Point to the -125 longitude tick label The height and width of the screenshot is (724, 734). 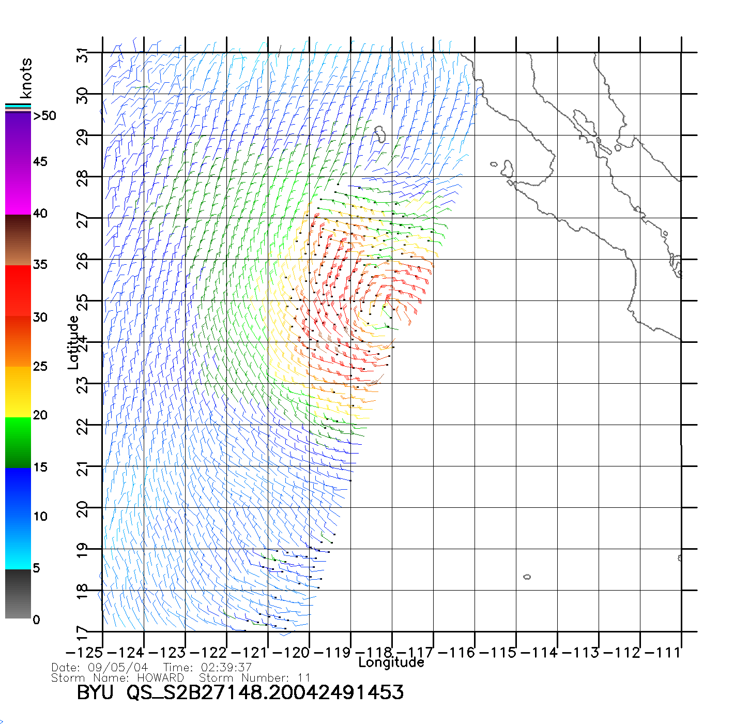[x=84, y=653]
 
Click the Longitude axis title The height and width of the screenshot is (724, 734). [x=391, y=662]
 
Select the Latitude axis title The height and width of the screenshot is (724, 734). [x=73, y=342]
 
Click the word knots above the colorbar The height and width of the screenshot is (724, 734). [x=26, y=78]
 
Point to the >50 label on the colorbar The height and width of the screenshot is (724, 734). [x=45, y=116]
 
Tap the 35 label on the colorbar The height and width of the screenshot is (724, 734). [x=40, y=265]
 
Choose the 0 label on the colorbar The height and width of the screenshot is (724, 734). [x=36, y=620]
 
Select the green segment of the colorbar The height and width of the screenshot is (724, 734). [x=18, y=442]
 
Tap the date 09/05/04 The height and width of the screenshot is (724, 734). [x=118, y=668]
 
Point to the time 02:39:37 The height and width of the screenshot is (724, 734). [x=226, y=668]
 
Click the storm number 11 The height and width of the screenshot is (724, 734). [x=304, y=677]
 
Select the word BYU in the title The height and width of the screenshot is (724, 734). [x=95, y=692]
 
